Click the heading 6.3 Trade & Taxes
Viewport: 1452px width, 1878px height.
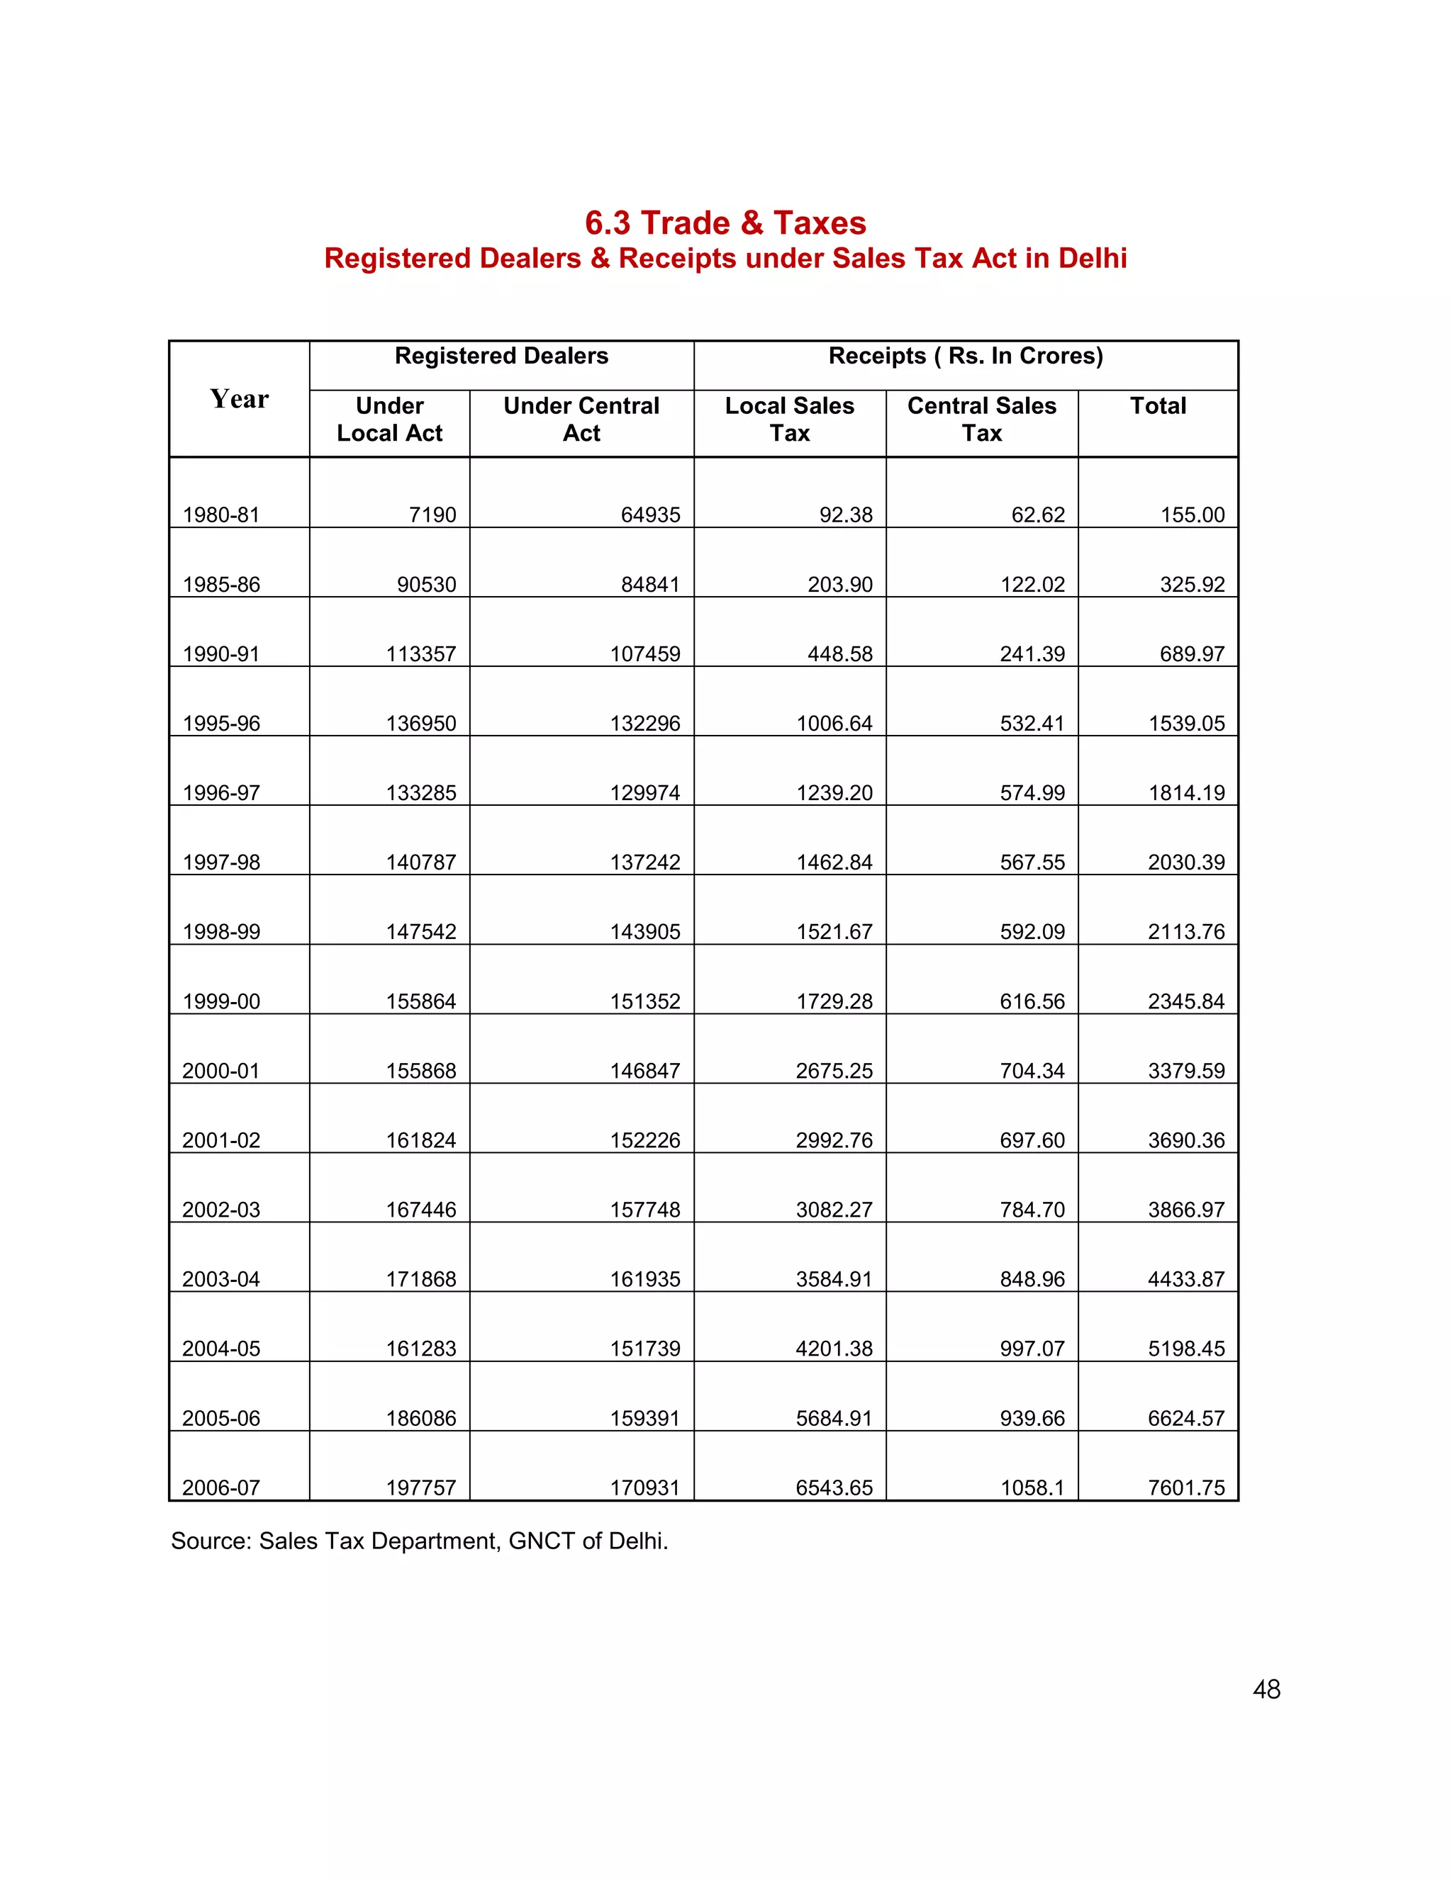click(725, 223)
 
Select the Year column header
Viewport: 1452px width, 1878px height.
click(239, 399)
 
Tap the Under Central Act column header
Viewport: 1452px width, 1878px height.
click(581, 419)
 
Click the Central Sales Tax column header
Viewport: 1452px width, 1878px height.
click(981, 419)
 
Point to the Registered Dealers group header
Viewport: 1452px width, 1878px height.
click(501, 356)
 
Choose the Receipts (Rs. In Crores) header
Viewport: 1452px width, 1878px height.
click(965, 356)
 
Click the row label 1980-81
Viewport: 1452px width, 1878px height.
click(221, 515)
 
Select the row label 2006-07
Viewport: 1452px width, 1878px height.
click(221, 1488)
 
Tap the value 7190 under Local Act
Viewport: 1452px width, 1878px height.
click(432, 515)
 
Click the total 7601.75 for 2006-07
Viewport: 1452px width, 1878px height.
click(1186, 1488)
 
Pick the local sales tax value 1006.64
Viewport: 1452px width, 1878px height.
click(834, 723)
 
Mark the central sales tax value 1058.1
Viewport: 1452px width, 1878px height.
click(1032, 1488)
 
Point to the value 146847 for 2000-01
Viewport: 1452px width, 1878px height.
click(645, 1071)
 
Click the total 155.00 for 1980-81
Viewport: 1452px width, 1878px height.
click(1193, 515)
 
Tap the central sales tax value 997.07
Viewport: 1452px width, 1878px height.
click(1032, 1349)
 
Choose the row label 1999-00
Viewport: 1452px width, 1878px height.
click(221, 1001)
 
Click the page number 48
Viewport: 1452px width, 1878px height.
click(1266, 1689)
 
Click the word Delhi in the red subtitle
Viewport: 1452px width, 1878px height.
click(1093, 258)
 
